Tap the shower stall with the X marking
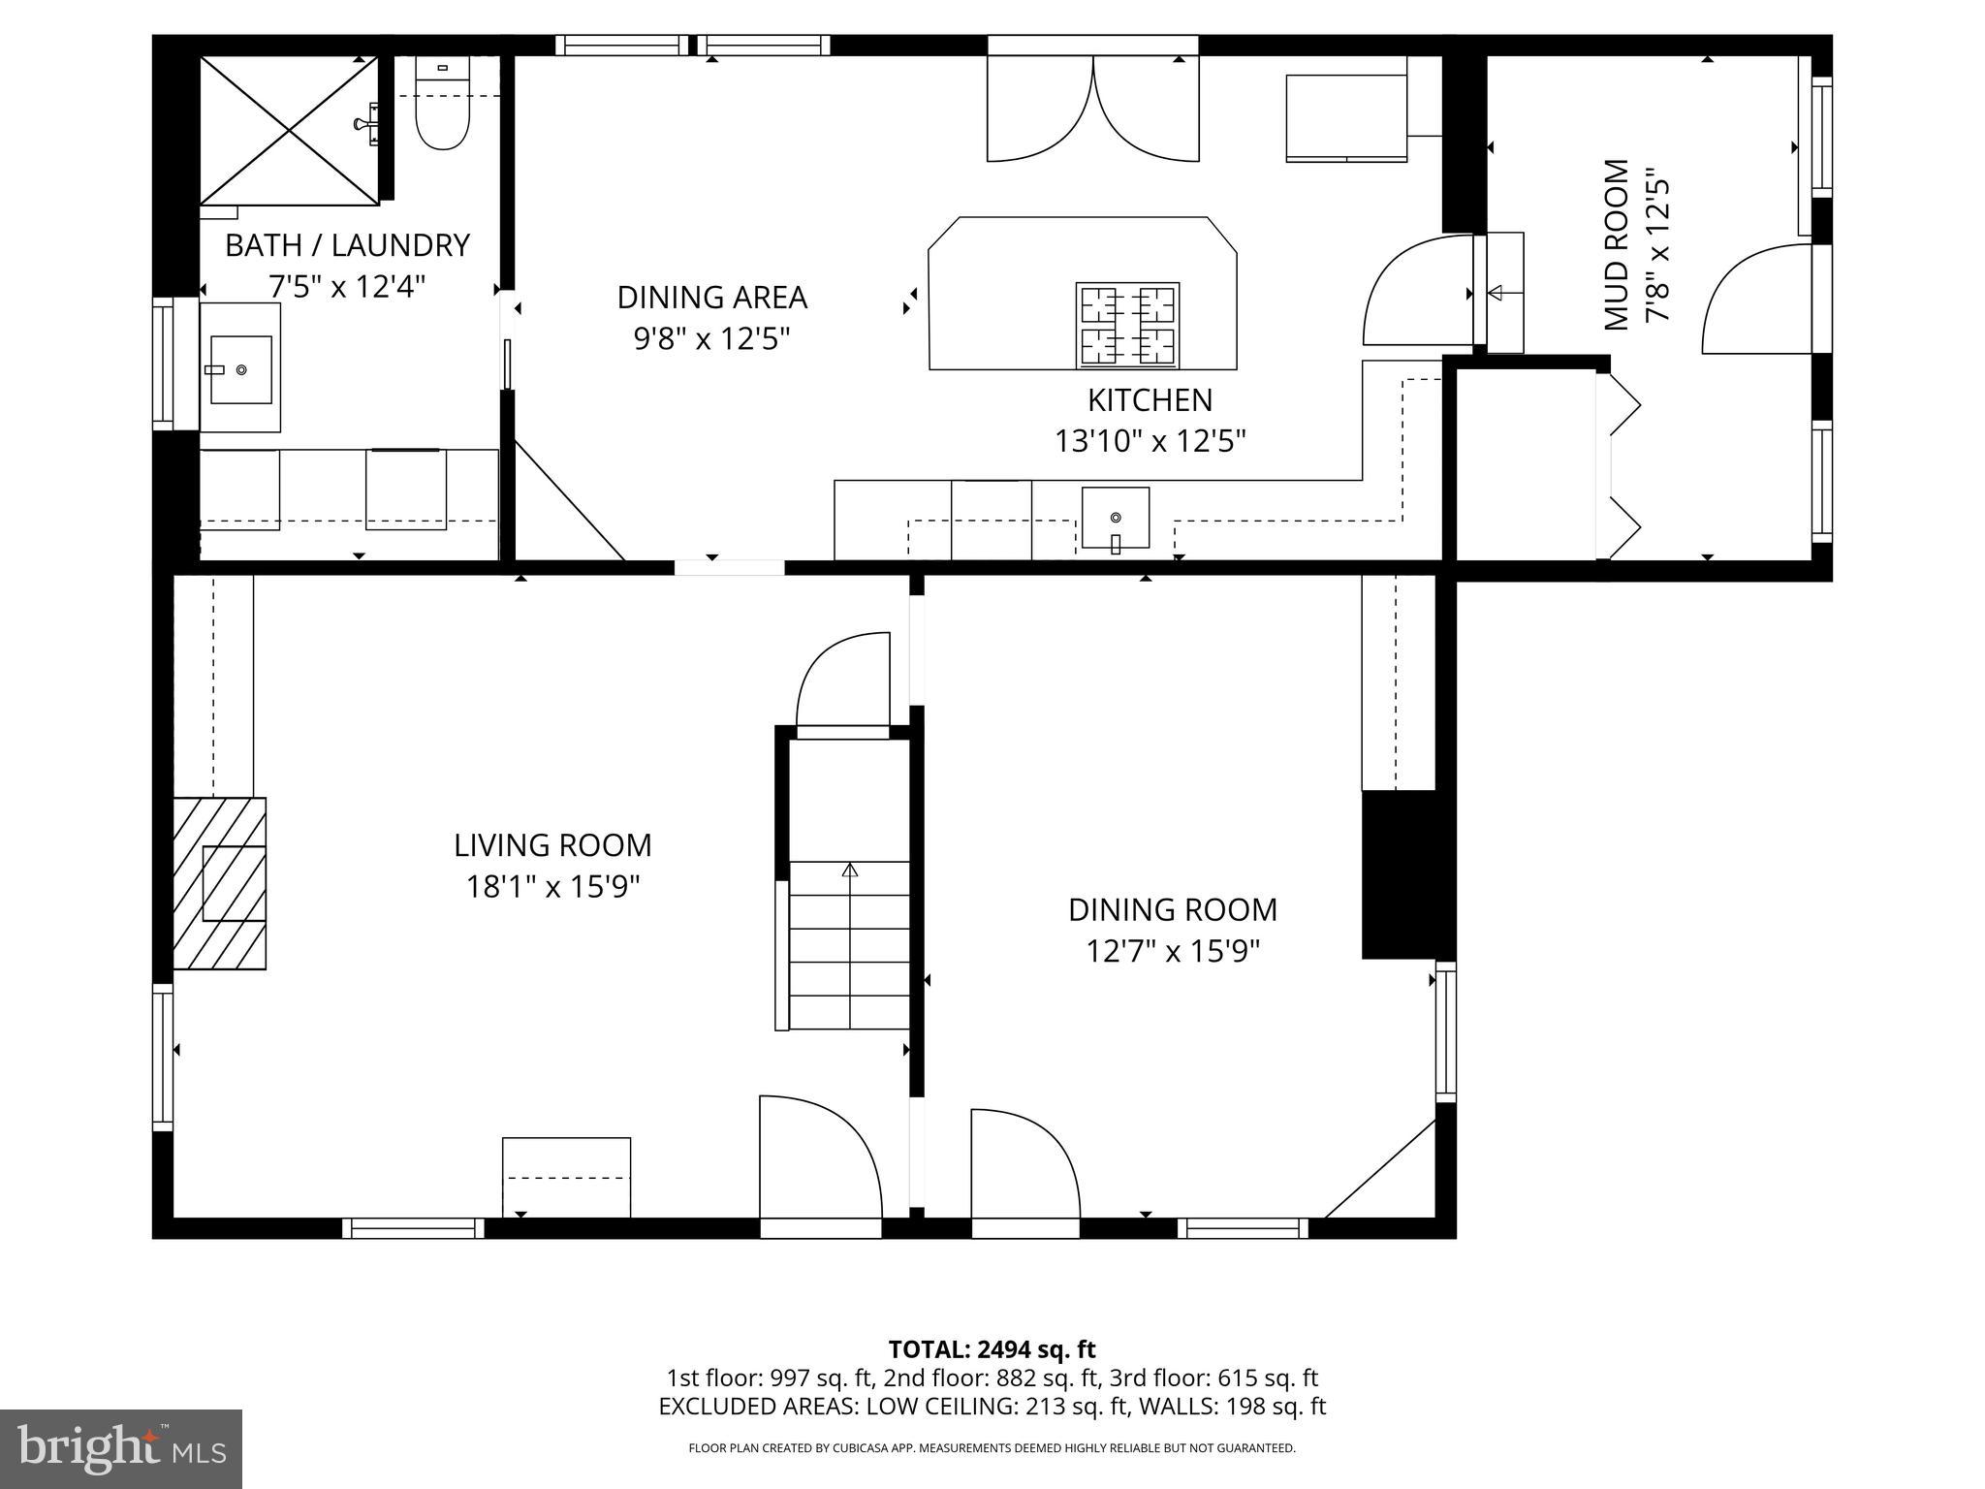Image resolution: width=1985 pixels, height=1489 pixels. point(289,130)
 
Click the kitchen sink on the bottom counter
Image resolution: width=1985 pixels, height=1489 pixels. point(1115,518)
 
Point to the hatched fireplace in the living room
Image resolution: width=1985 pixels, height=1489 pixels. point(220,883)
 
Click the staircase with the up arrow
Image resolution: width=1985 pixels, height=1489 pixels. point(850,945)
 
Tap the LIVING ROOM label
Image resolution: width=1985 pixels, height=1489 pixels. point(552,845)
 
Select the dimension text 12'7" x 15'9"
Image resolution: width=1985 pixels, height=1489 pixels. point(1172,952)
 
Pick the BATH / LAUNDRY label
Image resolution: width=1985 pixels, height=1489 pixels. point(347,245)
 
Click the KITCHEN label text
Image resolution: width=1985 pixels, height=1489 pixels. point(1150,400)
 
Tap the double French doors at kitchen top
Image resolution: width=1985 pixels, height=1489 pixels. point(1093,109)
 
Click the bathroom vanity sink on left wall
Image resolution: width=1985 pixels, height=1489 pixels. point(240,369)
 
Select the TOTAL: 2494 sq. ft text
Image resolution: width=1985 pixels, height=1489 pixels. point(992,1349)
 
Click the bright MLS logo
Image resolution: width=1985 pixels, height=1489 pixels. point(121,1448)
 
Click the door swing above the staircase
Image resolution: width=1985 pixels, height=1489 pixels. point(842,681)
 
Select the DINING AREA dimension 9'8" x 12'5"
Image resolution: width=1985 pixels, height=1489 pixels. point(711,339)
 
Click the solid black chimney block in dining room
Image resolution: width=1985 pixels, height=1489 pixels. point(1399,874)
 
